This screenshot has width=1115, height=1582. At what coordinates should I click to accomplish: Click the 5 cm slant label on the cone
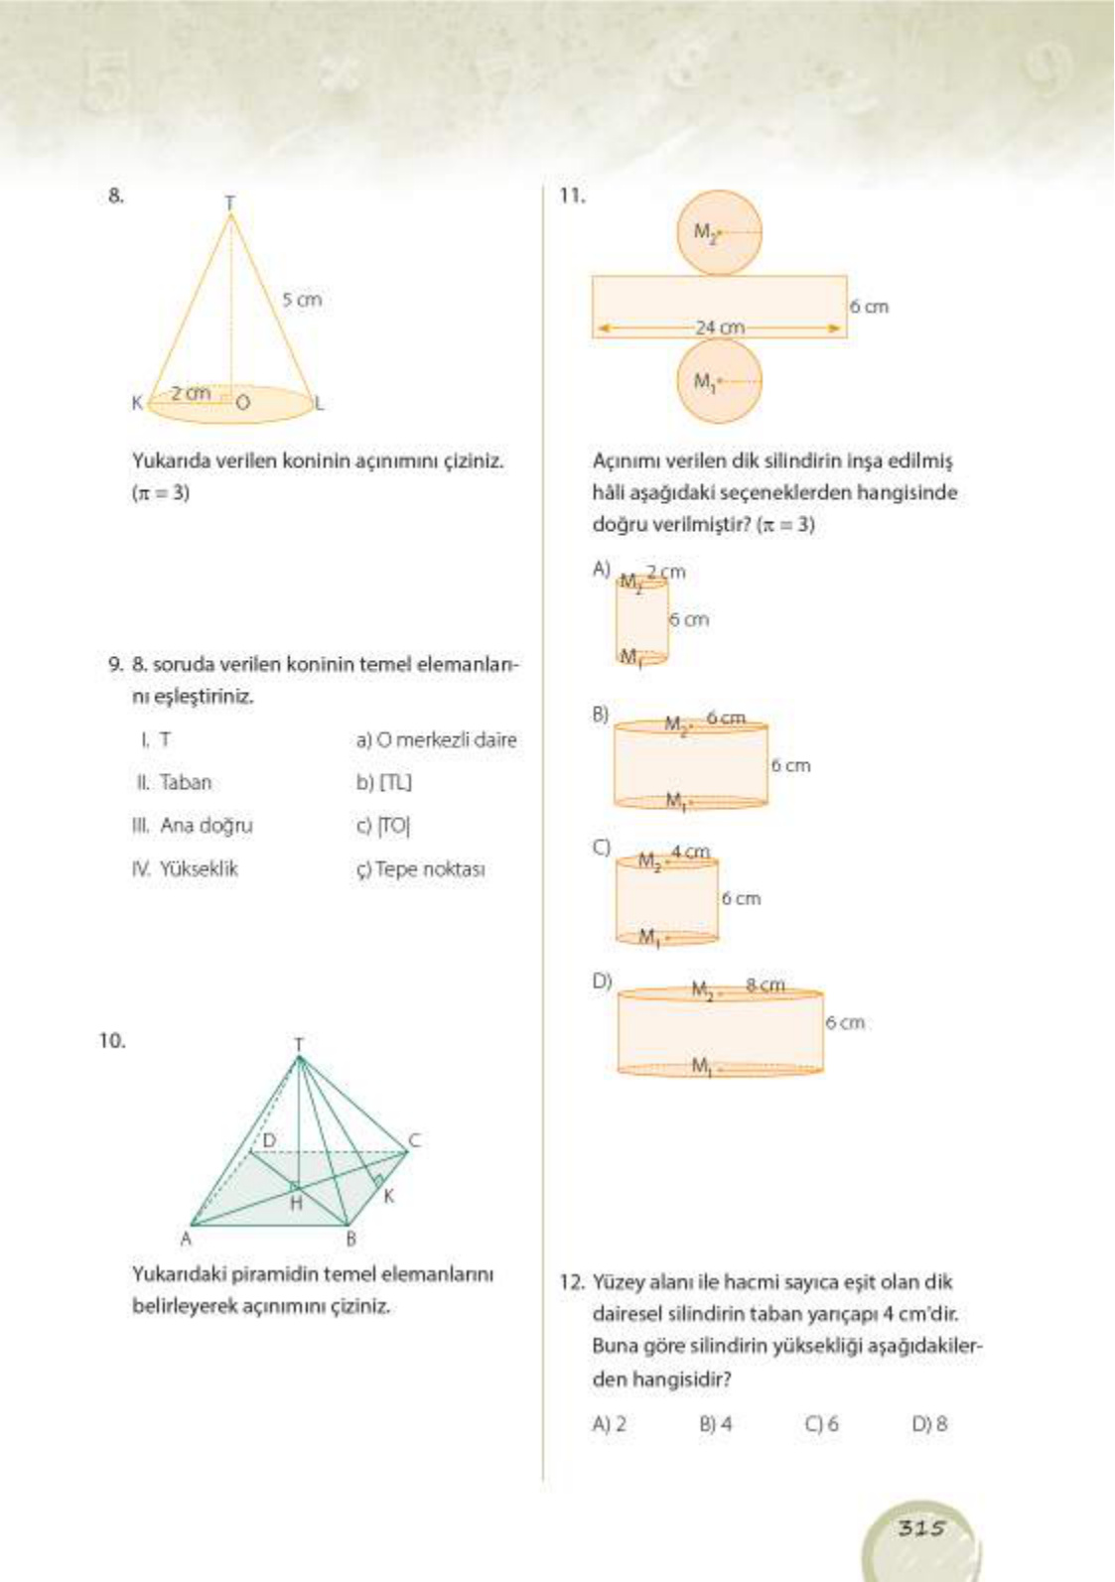[302, 300]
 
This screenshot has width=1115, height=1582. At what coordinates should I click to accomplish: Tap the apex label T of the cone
[229, 202]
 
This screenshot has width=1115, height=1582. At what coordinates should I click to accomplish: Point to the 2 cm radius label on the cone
[191, 393]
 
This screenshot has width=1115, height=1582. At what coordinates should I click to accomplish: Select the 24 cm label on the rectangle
[720, 327]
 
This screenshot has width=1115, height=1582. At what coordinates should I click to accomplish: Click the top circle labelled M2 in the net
[720, 233]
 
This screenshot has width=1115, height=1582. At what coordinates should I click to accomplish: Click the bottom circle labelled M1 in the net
[720, 381]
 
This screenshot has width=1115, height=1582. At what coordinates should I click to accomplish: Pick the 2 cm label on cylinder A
[666, 572]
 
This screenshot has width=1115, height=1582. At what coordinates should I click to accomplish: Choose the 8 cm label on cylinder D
[765, 986]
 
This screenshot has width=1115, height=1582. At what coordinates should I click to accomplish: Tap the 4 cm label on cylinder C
[690, 852]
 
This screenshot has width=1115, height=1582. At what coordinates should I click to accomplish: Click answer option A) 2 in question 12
[610, 1424]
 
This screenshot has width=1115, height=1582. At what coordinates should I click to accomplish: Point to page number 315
[921, 1528]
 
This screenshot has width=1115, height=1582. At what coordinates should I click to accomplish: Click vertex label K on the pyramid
[388, 1196]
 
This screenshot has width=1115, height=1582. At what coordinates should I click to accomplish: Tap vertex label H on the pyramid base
[296, 1203]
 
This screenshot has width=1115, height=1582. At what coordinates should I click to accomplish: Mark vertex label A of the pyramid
[185, 1239]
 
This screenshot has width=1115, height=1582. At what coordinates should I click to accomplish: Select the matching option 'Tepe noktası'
[421, 869]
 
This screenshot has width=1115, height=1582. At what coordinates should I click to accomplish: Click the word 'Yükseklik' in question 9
[199, 869]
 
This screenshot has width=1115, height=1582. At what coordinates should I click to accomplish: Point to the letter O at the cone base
[242, 403]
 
